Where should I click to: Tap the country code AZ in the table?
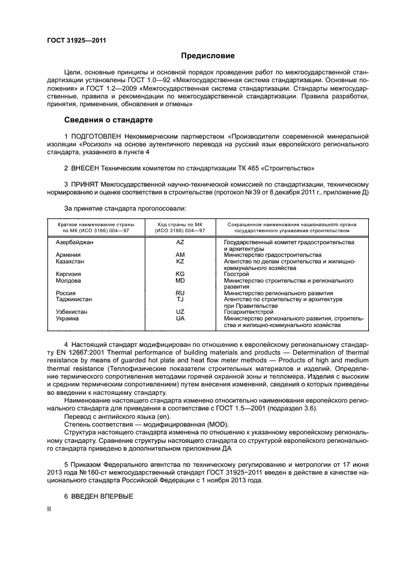coord(180,242)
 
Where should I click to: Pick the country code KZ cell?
coord(180,261)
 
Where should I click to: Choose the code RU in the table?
coord(180,293)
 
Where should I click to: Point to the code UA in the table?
coord(180,318)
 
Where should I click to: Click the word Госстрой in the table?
coord(235,274)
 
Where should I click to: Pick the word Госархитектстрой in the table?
coord(248,312)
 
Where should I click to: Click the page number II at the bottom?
coord(50,509)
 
